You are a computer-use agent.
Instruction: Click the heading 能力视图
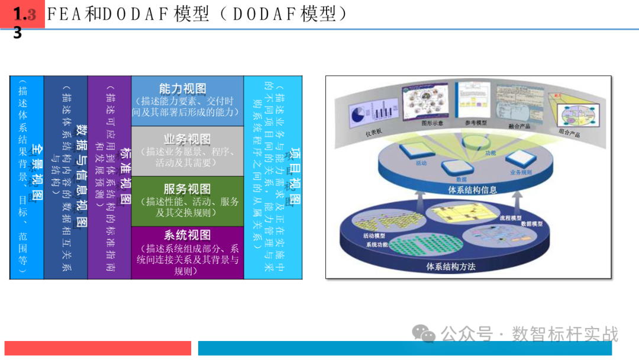coord(187,89)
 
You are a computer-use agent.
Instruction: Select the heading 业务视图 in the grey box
coord(187,140)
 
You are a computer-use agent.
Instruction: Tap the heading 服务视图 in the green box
coord(187,189)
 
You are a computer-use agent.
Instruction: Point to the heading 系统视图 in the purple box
coord(187,235)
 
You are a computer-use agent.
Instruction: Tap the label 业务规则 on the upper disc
coord(521,172)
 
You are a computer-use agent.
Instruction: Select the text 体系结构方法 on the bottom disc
coord(451,266)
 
